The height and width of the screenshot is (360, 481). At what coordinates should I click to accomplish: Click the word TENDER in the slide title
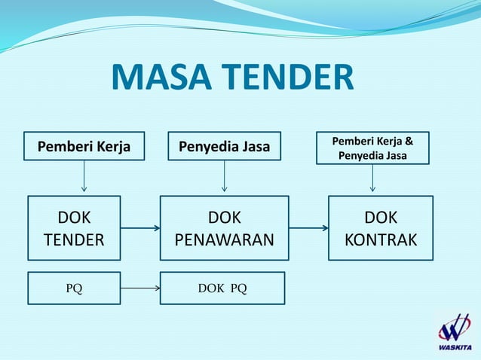coord(290,78)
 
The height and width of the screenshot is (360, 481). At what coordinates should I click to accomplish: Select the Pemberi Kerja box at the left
coord(84,147)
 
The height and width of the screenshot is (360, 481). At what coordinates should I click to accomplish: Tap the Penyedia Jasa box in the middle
coord(224,147)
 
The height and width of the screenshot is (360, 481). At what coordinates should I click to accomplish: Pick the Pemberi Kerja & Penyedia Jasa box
coord(372,148)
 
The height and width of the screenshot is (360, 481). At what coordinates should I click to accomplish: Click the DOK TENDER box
coord(74,228)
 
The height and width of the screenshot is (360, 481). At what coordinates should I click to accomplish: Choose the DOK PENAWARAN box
coord(224,228)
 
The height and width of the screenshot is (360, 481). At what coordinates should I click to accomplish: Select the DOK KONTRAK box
coord(380,228)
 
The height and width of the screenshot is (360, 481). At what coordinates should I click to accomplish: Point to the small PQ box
coord(74,288)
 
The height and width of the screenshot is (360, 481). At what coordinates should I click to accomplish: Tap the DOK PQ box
coord(222,288)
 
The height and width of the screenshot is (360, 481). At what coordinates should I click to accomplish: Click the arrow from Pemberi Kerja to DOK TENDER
coord(84,178)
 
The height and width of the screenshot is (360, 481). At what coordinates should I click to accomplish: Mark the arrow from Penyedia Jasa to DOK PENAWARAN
coord(224,178)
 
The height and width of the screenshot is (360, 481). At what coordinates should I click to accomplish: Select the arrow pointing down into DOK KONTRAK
coord(372,179)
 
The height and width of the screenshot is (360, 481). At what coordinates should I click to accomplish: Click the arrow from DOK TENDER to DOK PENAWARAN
coord(140,227)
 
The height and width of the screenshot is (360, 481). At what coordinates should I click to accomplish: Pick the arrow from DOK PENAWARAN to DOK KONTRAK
coord(308,227)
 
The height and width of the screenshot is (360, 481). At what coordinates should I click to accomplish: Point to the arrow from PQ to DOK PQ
coord(140,288)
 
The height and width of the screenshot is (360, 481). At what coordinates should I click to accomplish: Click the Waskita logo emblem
coord(454,327)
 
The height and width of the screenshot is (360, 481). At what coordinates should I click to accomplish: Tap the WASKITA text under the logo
coord(454,347)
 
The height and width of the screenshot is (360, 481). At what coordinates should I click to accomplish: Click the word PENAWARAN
coord(224,239)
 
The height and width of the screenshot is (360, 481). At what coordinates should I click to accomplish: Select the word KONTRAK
coord(380,239)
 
